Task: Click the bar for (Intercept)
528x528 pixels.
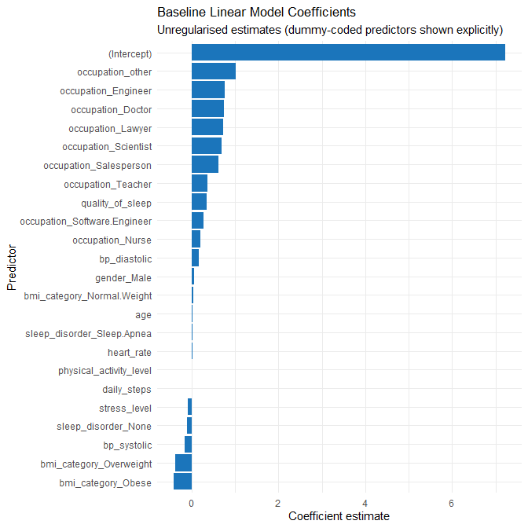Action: click(348, 53)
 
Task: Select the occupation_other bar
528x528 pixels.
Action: click(214, 71)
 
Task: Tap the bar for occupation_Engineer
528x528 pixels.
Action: click(208, 90)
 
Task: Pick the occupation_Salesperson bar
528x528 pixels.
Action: click(205, 165)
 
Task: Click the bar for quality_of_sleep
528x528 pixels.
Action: click(200, 203)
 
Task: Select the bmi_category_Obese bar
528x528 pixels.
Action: click(183, 482)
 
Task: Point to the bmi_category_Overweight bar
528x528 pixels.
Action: click(184, 464)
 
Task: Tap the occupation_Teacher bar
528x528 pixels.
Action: click(200, 184)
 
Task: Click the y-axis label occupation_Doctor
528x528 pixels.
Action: click(111, 109)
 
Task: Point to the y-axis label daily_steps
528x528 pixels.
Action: click(126, 389)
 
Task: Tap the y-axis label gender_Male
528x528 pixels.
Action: click(123, 277)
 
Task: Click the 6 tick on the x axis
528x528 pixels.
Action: click(452, 503)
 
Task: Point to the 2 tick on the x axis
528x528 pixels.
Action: click(278, 503)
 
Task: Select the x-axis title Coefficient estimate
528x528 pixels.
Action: click(339, 516)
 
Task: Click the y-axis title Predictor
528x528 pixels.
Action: click(11, 268)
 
